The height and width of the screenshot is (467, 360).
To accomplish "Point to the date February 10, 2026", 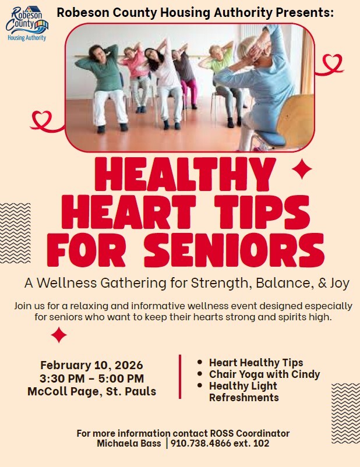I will (91, 365).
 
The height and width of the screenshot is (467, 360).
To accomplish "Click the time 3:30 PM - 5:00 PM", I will (91, 378).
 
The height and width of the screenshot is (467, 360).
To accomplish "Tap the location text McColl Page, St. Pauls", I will (91, 391).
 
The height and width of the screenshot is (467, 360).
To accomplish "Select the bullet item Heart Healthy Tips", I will (256, 362).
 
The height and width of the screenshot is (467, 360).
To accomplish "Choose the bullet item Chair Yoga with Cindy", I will (264, 374).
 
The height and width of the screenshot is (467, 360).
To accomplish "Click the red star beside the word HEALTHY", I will (301, 169).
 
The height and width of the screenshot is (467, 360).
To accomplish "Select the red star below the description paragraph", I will (58, 335).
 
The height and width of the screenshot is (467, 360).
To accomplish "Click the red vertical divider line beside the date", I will (180, 377).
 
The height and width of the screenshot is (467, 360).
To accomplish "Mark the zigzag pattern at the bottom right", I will (345, 413).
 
